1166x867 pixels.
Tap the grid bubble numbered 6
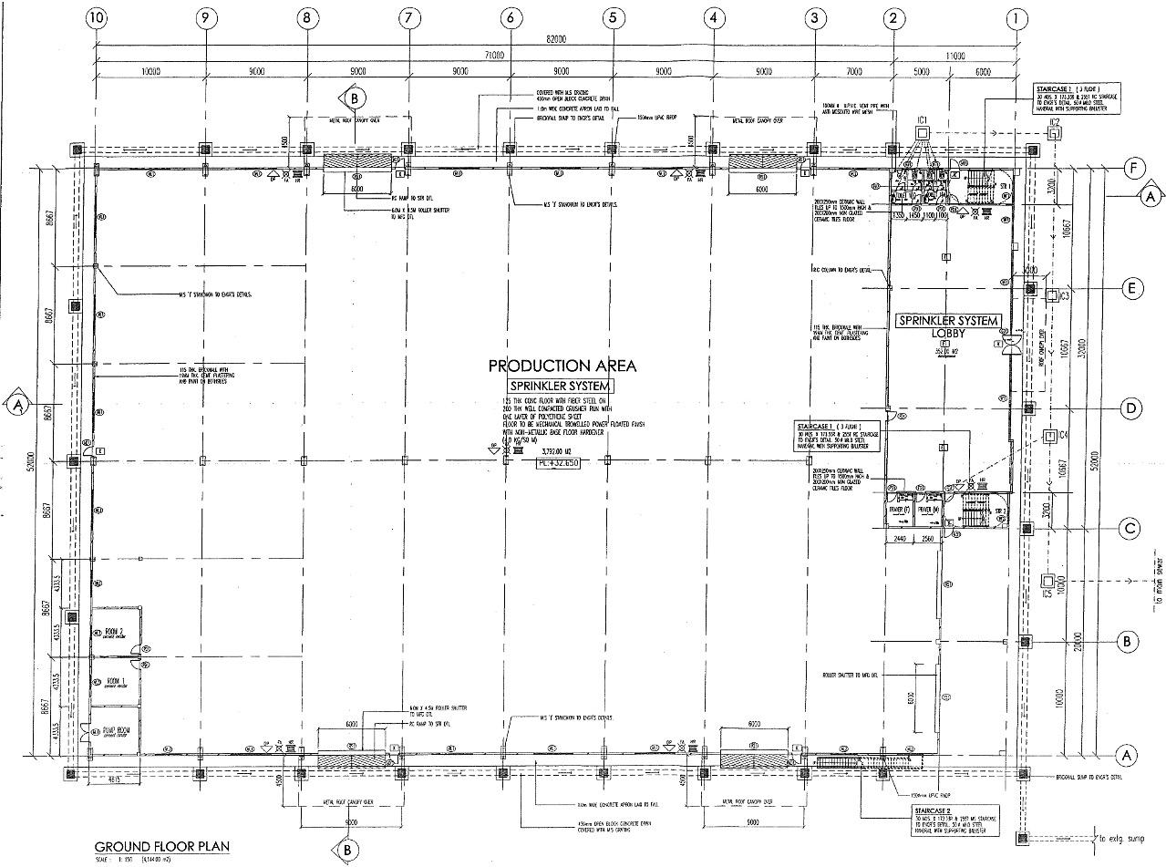(511, 17)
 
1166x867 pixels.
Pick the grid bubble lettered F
(1133, 169)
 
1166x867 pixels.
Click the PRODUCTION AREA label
(562, 366)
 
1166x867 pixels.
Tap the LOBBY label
(949, 333)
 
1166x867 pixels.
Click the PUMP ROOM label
(115, 731)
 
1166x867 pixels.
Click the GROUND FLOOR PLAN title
(162, 846)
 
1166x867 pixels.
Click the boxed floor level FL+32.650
(559, 463)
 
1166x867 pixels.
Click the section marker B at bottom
(346, 851)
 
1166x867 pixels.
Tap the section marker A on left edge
(16, 404)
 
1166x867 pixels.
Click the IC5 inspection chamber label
(1048, 593)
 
